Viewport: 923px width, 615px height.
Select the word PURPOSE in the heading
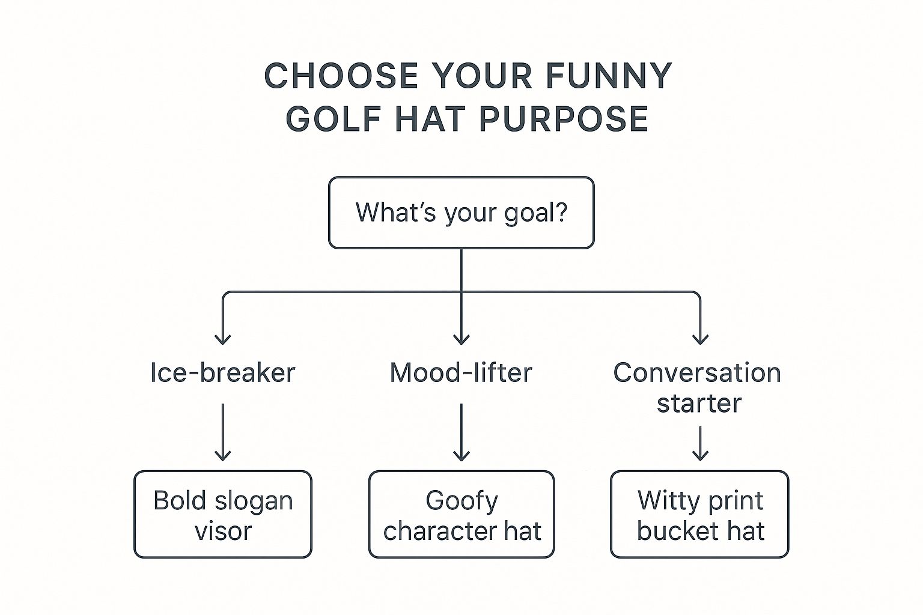click(x=564, y=118)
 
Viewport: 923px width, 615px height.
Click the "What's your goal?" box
click(x=461, y=213)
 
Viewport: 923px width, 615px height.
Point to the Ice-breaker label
click(x=222, y=373)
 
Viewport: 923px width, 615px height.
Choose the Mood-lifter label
click(x=461, y=373)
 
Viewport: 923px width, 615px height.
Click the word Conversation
click(x=697, y=373)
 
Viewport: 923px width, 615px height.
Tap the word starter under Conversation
click(x=699, y=403)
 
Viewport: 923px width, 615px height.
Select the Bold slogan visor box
click(x=223, y=515)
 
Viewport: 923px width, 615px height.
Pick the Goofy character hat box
click(x=461, y=515)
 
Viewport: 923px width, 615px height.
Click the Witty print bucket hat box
click(x=700, y=515)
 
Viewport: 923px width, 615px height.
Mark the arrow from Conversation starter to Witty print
click(x=700, y=443)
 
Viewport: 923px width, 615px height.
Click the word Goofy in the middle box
click(x=461, y=500)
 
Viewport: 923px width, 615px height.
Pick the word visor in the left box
click(x=223, y=531)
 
